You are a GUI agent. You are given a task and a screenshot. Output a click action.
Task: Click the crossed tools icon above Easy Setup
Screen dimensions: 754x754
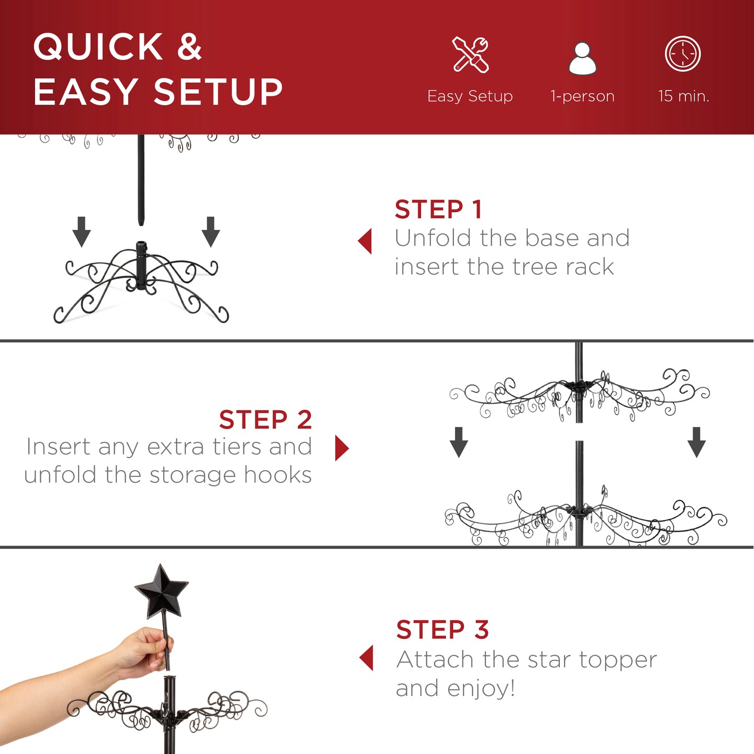pyautogui.click(x=470, y=54)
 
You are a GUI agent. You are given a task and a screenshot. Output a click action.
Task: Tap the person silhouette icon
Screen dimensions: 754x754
pyautogui.click(x=582, y=59)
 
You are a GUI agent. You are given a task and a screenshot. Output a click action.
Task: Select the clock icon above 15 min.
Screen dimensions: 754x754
pyautogui.click(x=683, y=54)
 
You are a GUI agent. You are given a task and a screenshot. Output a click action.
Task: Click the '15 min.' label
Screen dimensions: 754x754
pyautogui.click(x=683, y=96)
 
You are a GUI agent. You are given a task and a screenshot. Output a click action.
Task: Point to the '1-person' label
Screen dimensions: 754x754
pyautogui.click(x=582, y=96)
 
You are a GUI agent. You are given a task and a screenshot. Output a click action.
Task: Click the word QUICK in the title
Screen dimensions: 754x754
pyautogui.click(x=98, y=47)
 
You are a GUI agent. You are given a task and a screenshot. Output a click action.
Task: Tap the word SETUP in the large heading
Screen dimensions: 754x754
pyautogui.click(x=218, y=92)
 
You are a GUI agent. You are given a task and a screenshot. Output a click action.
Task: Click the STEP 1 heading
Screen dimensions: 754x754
pyautogui.click(x=438, y=209)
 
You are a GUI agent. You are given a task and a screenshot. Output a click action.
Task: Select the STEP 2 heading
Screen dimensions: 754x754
pyautogui.click(x=265, y=419)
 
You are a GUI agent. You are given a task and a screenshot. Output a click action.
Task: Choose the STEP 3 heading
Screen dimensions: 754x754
pyautogui.click(x=442, y=629)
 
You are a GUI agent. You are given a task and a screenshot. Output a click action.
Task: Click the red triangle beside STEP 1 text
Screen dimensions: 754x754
pyautogui.click(x=365, y=241)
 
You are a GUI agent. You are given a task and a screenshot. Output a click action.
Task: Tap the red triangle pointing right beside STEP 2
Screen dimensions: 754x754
pyautogui.click(x=341, y=448)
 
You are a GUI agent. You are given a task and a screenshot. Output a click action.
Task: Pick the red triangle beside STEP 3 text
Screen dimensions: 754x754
pyautogui.click(x=367, y=658)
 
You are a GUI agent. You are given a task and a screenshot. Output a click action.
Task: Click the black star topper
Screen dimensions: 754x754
pyautogui.click(x=161, y=590)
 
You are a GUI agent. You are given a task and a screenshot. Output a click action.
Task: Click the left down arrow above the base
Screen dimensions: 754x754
pyautogui.click(x=82, y=231)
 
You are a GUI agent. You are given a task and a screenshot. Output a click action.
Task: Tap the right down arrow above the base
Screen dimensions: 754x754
pyautogui.click(x=210, y=231)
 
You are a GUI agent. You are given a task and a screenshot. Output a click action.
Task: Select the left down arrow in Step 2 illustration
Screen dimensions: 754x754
pyautogui.click(x=459, y=442)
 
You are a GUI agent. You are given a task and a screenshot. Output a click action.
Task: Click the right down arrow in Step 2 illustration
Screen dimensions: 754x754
pyautogui.click(x=696, y=442)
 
